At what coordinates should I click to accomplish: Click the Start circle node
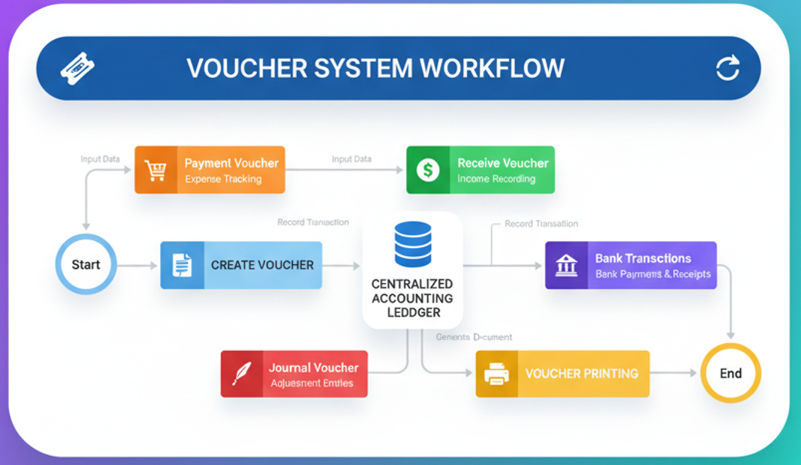point(86,265)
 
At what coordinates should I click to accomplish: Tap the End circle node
point(731,373)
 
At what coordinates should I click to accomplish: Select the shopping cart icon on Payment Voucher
point(156,171)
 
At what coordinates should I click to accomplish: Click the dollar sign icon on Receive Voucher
point(428,170)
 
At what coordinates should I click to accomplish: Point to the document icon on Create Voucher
point(182,265)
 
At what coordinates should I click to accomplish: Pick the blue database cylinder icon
point(412,244)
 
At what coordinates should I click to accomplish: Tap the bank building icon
point(567,265)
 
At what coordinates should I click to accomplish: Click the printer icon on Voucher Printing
point(497,373)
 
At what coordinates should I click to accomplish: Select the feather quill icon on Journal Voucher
point(242,374)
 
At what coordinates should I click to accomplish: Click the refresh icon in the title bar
point(728,68)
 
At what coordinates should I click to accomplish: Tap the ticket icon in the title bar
point(77,69)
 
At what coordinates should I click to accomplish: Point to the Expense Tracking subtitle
point(223,180)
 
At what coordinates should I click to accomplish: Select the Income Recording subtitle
point(496,180)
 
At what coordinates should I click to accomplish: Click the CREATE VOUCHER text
point(262,265)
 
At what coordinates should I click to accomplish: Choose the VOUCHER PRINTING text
point(582,373)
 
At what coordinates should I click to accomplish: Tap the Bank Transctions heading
point(643,258)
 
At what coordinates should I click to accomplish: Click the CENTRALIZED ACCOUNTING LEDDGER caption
point(412,298)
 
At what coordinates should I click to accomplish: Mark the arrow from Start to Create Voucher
point(138,265)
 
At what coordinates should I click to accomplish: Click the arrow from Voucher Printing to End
point(674,373)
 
